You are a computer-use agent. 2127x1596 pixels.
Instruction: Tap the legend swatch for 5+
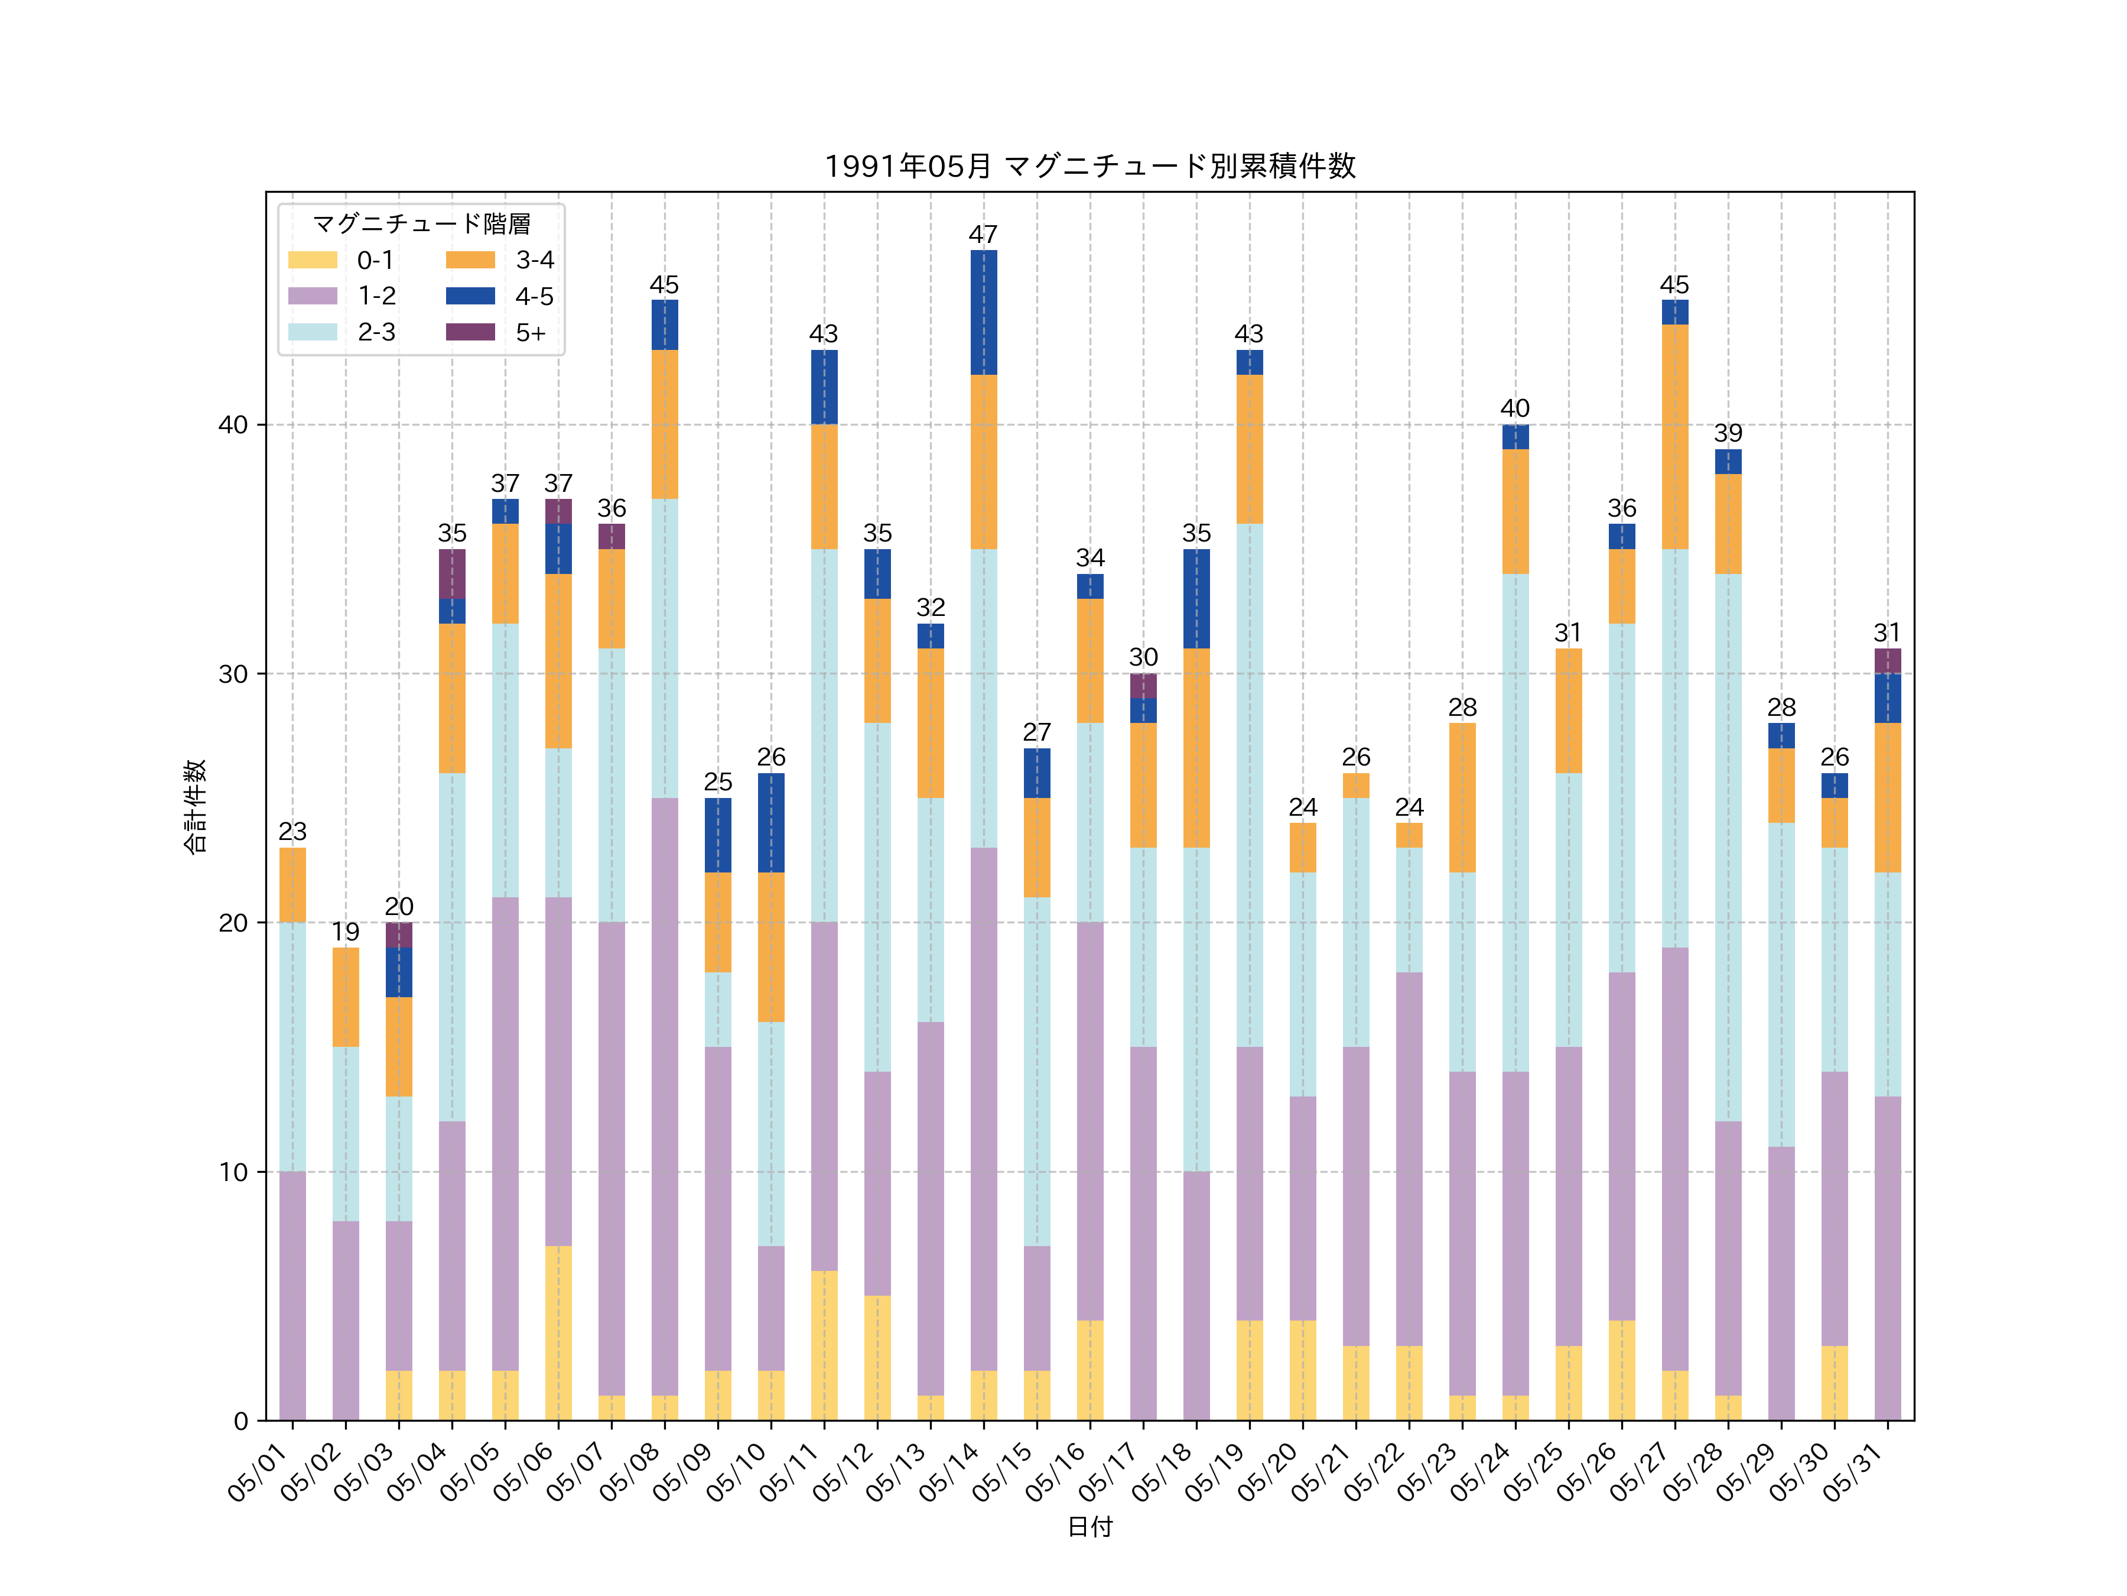pos(470,332)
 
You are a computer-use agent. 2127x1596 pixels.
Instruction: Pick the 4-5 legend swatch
pos(470,296)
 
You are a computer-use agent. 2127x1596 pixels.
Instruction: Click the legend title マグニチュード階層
pos(421,224)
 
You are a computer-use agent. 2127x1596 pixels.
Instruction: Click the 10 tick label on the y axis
pos(233,1172)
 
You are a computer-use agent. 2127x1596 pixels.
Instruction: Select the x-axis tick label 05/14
pos(952,1472)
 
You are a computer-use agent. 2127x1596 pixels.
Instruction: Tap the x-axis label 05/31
pos(1856,1472)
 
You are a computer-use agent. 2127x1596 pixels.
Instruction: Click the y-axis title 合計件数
pos(194,806)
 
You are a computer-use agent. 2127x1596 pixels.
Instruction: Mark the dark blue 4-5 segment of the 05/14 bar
pos(984,313)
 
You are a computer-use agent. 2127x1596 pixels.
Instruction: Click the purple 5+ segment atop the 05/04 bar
pos(452,575)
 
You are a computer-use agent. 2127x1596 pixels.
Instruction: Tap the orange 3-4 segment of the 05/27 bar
pos(1675,437)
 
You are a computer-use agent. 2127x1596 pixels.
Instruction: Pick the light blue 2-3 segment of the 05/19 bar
pos(1249,785)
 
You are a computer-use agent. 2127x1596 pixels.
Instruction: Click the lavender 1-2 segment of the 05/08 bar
pos(665,1097)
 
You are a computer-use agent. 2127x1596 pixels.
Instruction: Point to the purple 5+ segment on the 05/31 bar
pos(1888,661)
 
